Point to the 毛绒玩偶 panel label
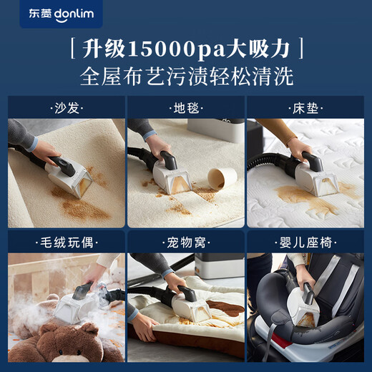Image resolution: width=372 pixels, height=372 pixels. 64,243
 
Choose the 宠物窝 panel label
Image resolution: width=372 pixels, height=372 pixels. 186,243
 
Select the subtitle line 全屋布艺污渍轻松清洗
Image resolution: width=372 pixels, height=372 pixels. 186,76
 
